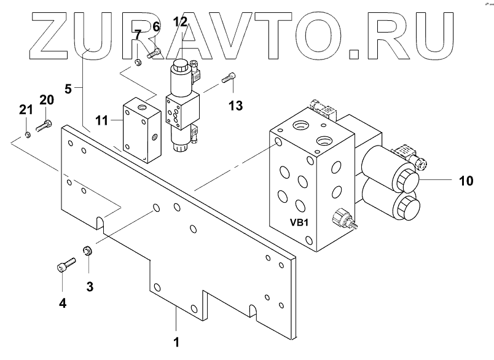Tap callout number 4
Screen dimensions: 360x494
point(63,302)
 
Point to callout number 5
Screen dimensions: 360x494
point(69,88)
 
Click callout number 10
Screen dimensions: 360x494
point(466,181)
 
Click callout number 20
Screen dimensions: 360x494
point(47,100)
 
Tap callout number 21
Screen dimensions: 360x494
point(25,111)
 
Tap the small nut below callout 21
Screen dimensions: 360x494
point(28,134)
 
